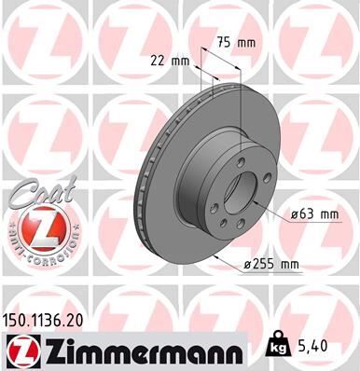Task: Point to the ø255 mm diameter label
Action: (x=270, y=266)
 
